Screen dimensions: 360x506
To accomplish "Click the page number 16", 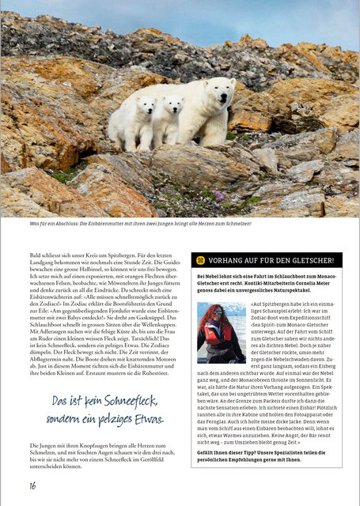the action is (x=32, y=485).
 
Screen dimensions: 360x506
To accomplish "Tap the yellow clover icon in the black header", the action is (x=201, y=259).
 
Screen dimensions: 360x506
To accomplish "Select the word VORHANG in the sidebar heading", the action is (x=229, y=260).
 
